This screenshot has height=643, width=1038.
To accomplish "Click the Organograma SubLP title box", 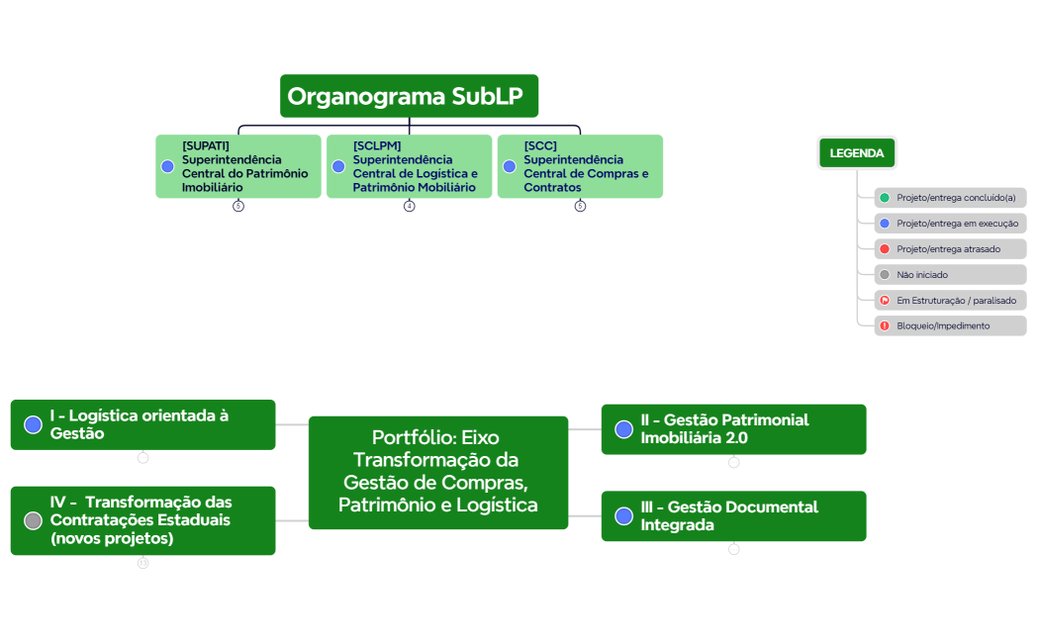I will coord(409,96).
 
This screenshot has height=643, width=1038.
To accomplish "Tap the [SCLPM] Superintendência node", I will coord(409,166).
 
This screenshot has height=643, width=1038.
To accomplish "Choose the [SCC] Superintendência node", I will coord(580,166).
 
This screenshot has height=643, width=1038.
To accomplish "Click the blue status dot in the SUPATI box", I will coord(168,166).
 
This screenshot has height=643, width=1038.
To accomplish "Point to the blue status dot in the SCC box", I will coord(510,166).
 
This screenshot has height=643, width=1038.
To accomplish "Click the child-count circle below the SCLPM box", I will coord(410,206).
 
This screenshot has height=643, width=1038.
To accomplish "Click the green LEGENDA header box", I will coord(857,153).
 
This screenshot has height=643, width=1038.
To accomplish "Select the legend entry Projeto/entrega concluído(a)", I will coord(950,198).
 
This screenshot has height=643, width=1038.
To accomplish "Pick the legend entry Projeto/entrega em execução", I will coord(950,224).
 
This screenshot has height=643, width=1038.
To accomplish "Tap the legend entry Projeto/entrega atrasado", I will coord(950,249).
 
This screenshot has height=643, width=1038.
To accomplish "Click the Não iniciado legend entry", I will coord(950,275).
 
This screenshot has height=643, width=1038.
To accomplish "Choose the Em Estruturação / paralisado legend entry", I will coord(950,301).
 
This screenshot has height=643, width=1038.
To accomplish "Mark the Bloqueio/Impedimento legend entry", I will coord(950,326).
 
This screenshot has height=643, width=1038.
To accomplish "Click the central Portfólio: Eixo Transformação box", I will coord(438,473).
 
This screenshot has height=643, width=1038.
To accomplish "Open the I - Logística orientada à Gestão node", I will coord(143,424).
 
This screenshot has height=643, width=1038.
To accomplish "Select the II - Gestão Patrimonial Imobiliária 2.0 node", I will coord(733,429).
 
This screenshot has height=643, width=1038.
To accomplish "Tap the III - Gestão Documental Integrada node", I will coord(733,516).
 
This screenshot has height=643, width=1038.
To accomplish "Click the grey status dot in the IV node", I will coord(34,520).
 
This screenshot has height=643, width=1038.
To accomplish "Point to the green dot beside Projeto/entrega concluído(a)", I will coord(885,198).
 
